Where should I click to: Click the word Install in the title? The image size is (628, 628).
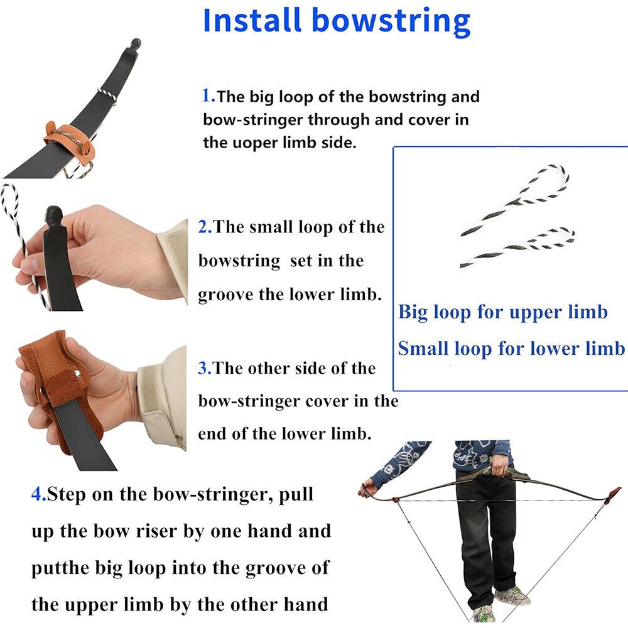[252, 20]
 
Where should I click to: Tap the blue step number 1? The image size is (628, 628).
[208, 95]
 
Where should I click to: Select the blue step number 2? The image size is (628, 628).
[205, 227]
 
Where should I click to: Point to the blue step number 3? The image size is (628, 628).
[205, 368]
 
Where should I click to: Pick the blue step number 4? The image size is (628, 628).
[39, 494]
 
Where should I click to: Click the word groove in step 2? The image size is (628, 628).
[226, 295]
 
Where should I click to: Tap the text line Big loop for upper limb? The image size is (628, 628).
[503, 312]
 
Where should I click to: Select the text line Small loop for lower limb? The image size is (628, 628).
[511, 349]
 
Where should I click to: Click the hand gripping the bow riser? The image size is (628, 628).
[499, 465]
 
